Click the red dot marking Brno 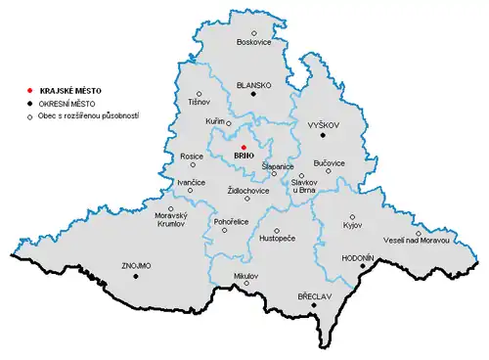244,147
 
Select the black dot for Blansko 253,95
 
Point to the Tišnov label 199,103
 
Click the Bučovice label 329,161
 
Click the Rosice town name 191,157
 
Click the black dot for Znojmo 136,276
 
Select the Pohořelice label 225,222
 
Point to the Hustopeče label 277,238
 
